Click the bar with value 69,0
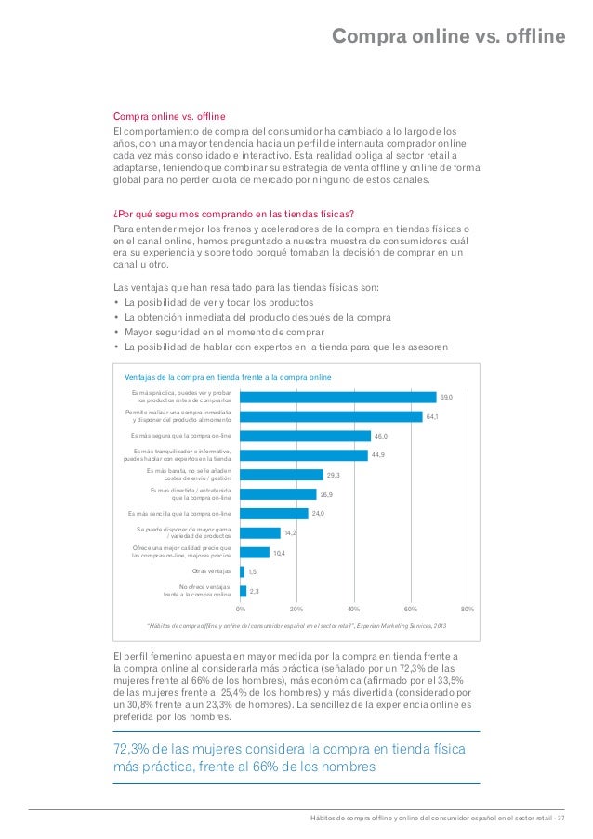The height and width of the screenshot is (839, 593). tap(337, 397)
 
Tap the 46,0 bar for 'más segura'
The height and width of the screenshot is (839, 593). tap(304, 435)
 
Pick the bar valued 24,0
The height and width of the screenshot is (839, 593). tap(273, 513)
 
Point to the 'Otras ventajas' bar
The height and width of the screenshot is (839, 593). tap(242, 571)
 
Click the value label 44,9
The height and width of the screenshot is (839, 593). tap(378, 455)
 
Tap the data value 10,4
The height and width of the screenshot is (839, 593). tap(279, 553)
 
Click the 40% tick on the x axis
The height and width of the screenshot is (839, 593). tap(353, 609)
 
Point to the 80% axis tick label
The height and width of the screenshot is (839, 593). tap(468, 609)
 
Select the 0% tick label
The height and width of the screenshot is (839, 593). tap(240, 609)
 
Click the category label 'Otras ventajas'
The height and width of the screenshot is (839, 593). tap(211, 571)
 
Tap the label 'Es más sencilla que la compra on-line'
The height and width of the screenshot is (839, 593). tap(179, 513)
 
